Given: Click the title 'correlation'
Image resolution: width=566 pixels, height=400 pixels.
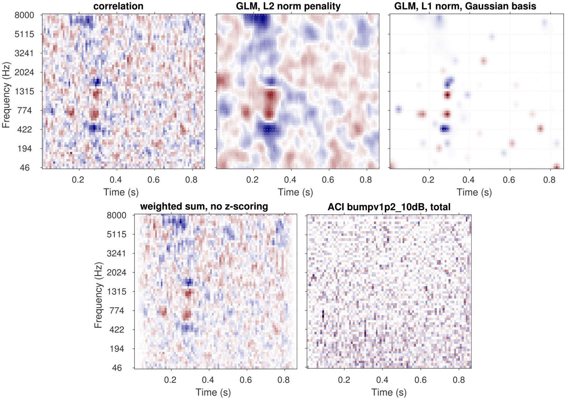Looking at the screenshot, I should (x=118, y=6).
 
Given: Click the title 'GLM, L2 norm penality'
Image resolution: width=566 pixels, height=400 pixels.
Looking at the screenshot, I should (x=288, y=6).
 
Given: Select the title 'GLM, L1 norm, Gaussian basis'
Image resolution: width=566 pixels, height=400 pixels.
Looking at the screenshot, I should (x=465, y=6).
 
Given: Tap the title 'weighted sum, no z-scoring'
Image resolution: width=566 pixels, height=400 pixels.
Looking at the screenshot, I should (x=204, y=206).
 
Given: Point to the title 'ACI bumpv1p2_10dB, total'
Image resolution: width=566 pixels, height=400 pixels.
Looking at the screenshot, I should (x=389, y=207).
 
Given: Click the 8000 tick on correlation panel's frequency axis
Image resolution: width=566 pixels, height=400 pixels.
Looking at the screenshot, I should (x=24, y=15).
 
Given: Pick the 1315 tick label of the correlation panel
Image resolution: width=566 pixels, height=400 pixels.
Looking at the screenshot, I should (x=24, y=91).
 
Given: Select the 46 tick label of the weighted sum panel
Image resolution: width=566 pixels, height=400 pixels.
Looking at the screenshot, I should (x=117, y=368).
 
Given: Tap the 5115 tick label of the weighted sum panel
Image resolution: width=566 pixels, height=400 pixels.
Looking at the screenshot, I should (x=116, y=234).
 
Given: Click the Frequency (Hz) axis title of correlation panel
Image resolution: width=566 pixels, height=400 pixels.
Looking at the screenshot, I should (x=6, y=95).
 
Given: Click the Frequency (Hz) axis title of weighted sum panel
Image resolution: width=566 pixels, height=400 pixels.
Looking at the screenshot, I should (x=98, y=295).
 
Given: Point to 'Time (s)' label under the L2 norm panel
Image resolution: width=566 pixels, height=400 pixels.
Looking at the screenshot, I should (x=295, y=192).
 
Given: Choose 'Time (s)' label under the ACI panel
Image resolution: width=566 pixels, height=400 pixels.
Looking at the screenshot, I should (x=389, y=392).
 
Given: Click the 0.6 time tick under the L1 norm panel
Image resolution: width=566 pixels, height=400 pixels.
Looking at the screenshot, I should (x=509, y=180).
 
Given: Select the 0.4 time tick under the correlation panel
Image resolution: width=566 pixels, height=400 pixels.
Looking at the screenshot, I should (x=116, y=180).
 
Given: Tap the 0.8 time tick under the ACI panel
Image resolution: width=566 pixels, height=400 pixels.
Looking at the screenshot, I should (x=459, y=380).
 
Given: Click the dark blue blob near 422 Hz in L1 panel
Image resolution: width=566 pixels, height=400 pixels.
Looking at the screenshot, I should (x=445, y=129).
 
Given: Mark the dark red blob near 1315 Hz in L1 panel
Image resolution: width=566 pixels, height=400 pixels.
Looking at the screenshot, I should (x=447, y=95).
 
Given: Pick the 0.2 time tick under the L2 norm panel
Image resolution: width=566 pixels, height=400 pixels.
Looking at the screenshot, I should (x=252, y=180).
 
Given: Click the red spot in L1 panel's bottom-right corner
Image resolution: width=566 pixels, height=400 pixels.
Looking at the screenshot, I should (x=556, y=167).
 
